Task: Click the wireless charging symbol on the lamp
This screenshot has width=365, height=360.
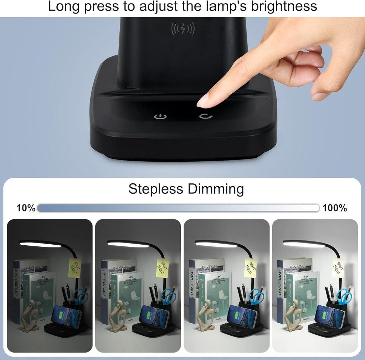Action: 183,28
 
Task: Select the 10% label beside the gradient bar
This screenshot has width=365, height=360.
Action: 26,208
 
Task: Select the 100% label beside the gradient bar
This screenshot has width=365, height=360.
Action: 335,208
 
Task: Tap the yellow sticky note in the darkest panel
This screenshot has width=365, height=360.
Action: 74,268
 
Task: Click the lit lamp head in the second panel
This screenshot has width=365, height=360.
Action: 128,245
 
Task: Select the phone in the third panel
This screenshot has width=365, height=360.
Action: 242,316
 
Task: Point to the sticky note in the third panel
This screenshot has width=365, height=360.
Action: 250,268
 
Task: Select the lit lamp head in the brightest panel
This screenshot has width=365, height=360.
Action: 304,245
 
